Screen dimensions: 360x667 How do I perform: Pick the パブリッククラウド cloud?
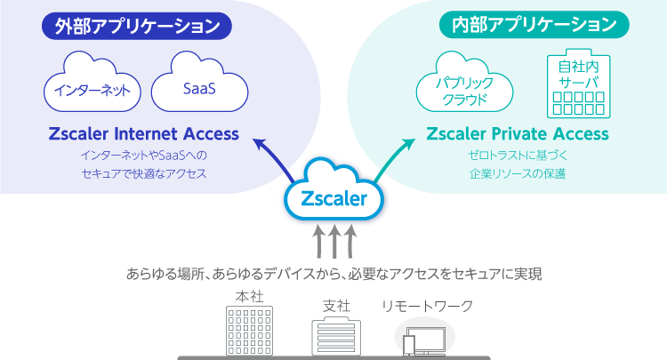(x=465, y=87)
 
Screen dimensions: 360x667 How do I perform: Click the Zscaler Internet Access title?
(x=144, y=134)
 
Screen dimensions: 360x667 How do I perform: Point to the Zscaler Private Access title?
(x=518, y=134)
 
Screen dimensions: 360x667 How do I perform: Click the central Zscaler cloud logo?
(x=333, y=196)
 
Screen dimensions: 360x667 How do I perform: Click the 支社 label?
(x=336, y=306)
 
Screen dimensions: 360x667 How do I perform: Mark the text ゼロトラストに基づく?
(x=518, y=156)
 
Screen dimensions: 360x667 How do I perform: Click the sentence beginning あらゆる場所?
(x=333, y=273)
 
